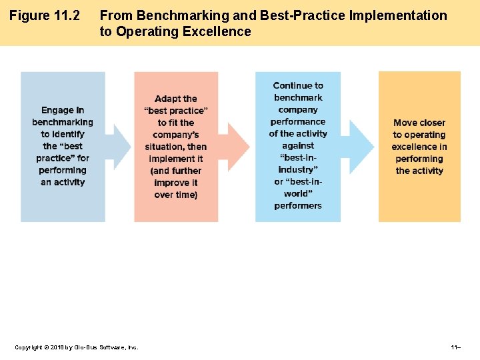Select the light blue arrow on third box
coord(361,147)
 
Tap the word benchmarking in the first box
coord(63,122)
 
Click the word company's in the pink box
coord(176,135)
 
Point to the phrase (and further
coord(176,171)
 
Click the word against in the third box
coord(298,145)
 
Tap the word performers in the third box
coord(298,205)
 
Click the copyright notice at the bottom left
coord(77,347)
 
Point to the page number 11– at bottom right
coord(456,347)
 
